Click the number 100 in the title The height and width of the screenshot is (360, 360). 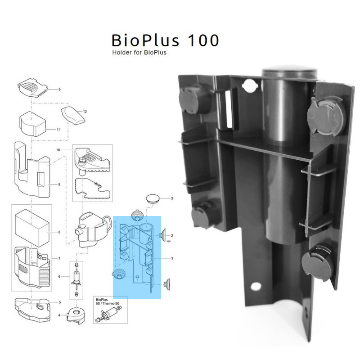[198, 41]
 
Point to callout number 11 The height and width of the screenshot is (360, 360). [58, 129]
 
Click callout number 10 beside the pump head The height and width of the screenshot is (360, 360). [58, 149]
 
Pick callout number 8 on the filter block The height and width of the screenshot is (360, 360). [59, 232]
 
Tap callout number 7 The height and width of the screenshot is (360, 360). [58, 259]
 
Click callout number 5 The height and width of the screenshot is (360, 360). [59, 302]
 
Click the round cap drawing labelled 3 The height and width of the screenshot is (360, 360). [153, 198]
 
